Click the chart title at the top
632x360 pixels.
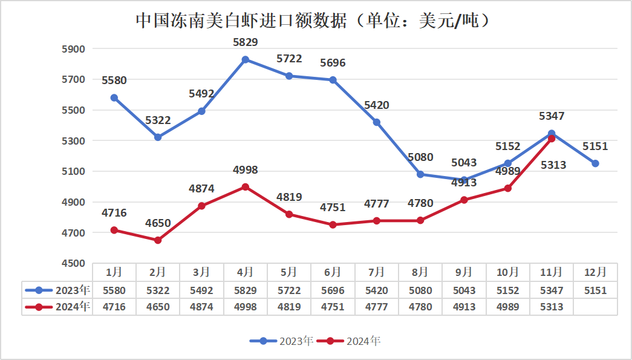point(312,21)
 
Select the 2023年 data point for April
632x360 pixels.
point(245,60)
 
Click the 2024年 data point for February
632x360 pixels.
point(158,240)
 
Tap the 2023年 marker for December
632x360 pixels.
point(596,163)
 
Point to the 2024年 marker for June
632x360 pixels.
point(333,224)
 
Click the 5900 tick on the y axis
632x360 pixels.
point(75,49)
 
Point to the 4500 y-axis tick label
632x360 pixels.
point(75,264)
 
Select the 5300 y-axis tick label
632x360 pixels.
point(75,141)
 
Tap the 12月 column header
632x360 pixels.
point(596,272)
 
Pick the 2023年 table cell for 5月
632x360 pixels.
point(288,290)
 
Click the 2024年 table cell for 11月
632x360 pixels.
point(552,307)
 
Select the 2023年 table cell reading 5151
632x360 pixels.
point(596,290)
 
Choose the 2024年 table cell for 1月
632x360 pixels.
point(114,307)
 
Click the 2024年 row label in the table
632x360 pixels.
point(58,307)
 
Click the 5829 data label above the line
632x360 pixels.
point(245,42)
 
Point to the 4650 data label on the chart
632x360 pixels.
point(158,223)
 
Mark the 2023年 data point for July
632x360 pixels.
point(377,122)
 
